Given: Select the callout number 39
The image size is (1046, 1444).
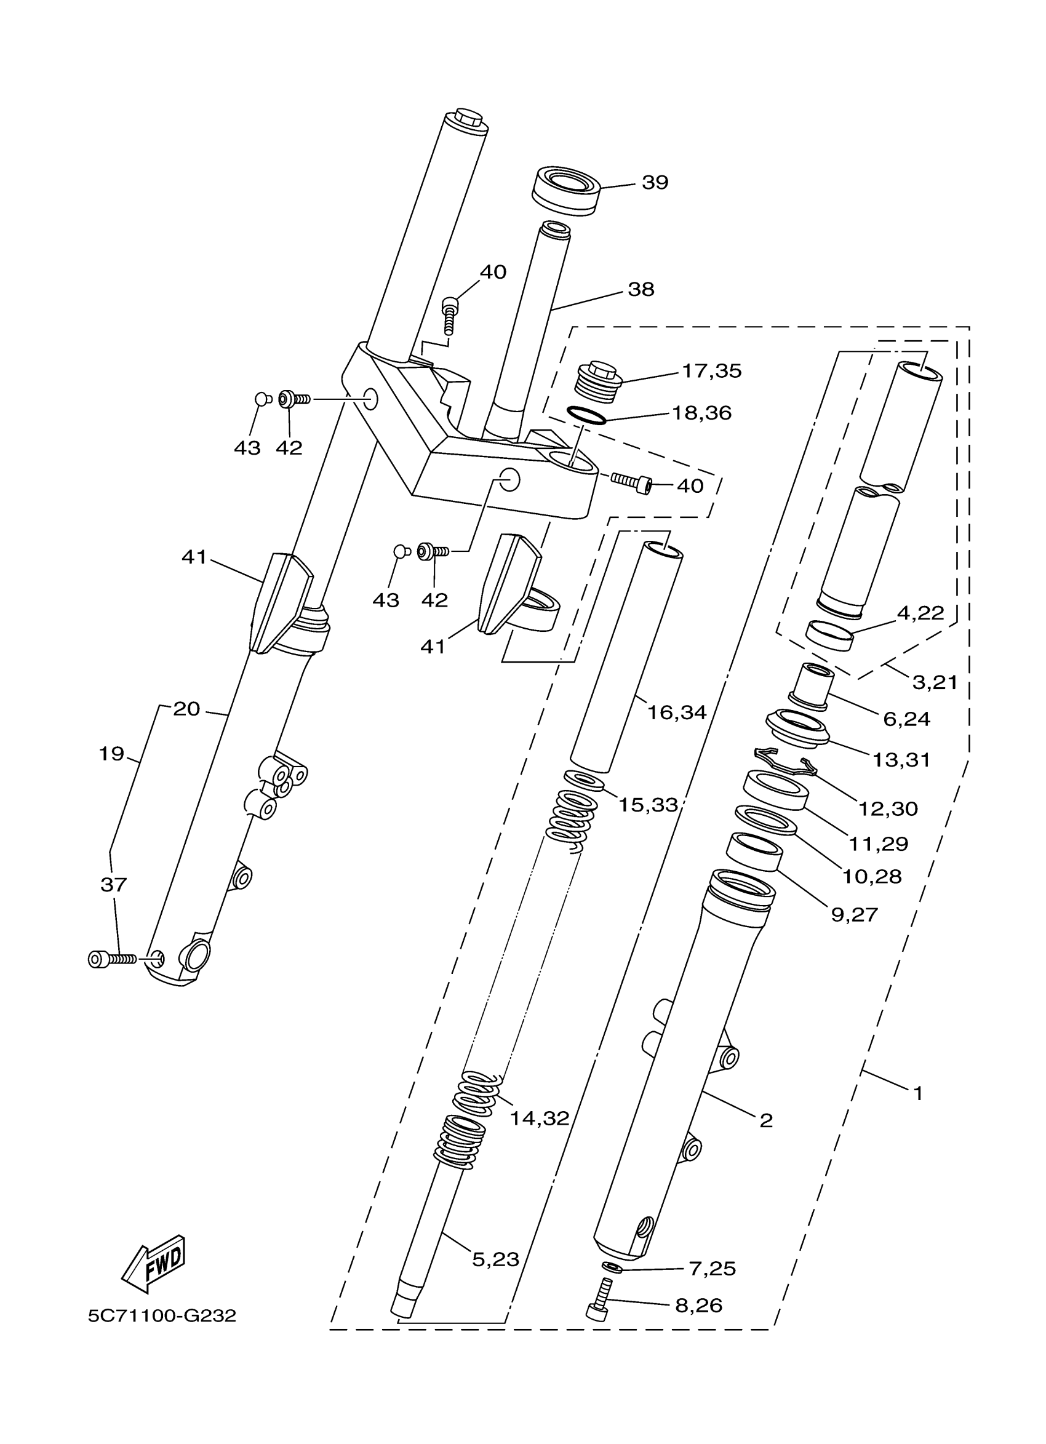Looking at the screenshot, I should (x=655, y=183).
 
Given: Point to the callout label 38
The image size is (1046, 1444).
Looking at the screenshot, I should (x=641, y=290).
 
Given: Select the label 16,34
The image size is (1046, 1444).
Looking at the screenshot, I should (x=677, y=712).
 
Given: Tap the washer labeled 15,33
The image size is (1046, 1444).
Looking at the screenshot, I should (x=583, y=780).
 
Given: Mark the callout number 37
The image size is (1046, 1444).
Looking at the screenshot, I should (x=114, y=884).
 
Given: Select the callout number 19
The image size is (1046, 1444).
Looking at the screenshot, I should (x=111, y=754).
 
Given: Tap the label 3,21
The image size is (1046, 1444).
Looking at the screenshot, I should (x=935, y=682).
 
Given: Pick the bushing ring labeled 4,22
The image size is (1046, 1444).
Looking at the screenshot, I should (x=829, y=634).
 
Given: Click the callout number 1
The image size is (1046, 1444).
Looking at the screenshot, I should (x=917, y=1094).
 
